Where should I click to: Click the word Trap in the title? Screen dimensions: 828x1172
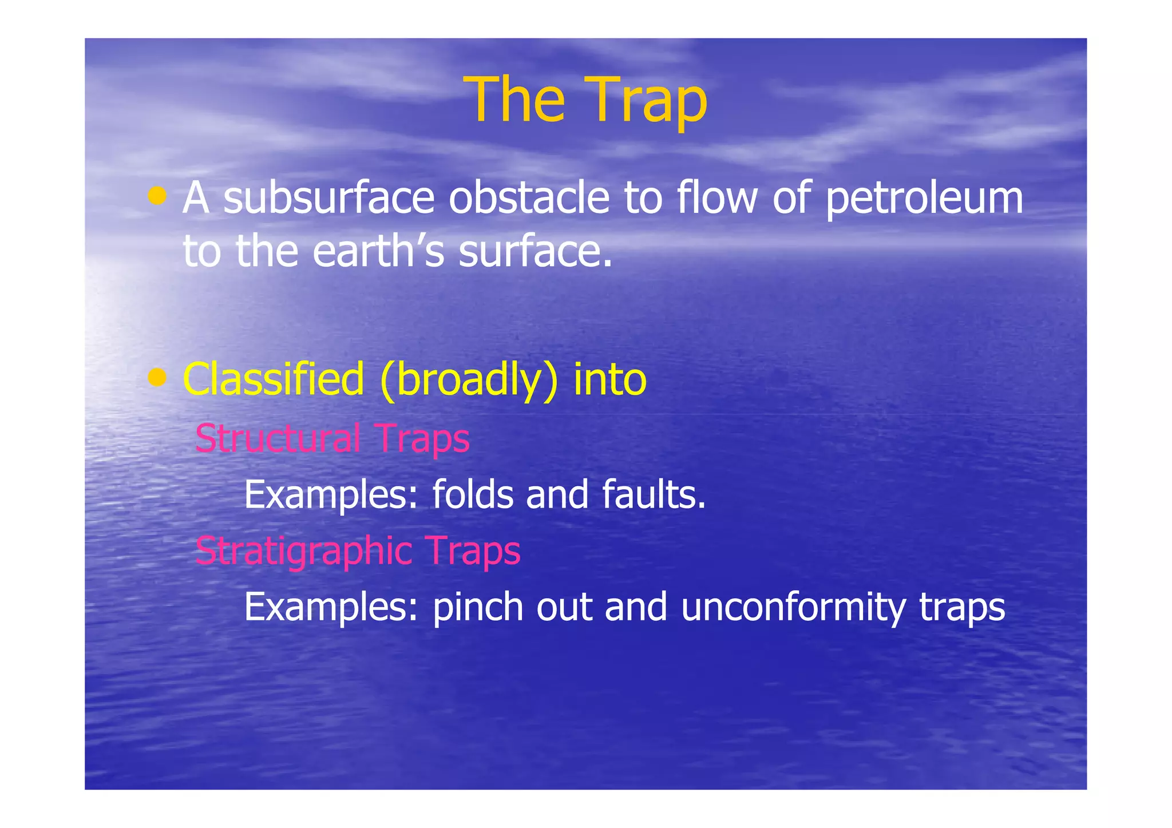click(x=647, y=100)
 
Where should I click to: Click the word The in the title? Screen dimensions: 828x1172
click(x=514, y=100)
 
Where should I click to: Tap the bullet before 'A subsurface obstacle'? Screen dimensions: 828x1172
click(x=157, y=196)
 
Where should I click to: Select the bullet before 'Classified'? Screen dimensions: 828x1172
click(x=157, y=378)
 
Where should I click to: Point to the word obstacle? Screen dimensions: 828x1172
click(x=529, y=198)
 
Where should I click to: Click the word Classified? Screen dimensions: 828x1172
click(x=273, y=379)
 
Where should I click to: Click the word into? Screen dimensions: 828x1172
click(x=609, y=379)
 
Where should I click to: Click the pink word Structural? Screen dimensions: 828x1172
click(x=278, y=438)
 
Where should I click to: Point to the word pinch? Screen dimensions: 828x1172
click(x=478, y=608)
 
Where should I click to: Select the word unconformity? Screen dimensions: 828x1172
click(x=793, y=608)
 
